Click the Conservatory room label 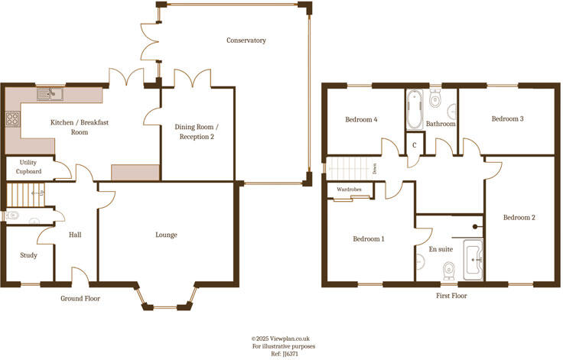click(246, 40)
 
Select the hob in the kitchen click(13, 118)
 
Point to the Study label click(28, 255)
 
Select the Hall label click(75, 235)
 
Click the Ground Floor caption click(80, 298)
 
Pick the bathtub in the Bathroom click(414, 109)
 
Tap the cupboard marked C click(414, 144)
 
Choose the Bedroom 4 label click(361, 119)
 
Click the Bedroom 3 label click(507, 118)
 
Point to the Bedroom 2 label click(519, 218)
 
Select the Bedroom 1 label click(368, 238)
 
